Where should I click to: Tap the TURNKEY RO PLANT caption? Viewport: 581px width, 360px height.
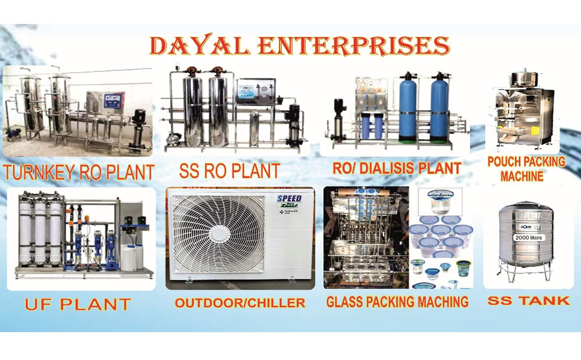(78, 172)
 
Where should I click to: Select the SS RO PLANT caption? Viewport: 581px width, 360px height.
(229, 171)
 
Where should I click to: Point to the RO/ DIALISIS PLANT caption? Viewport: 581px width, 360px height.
(396, 168)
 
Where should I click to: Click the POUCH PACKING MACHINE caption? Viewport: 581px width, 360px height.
(527, 168)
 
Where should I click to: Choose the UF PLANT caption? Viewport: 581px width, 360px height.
(77, 304)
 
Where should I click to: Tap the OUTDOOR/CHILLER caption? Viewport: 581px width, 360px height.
(240, 303)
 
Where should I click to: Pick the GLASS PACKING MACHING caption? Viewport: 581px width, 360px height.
(397, 302)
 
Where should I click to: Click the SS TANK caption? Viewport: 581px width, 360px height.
(529, 300)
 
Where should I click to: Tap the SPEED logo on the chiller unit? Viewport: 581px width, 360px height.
(290, 198)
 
